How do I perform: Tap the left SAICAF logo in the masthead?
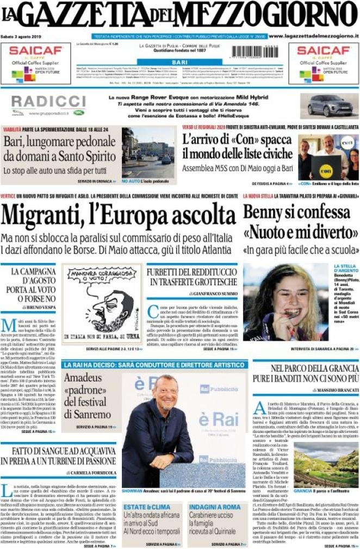(x=36, y=52)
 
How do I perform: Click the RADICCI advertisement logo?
(x=48, y=102)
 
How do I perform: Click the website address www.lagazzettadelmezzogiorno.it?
(x=313, y=36)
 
